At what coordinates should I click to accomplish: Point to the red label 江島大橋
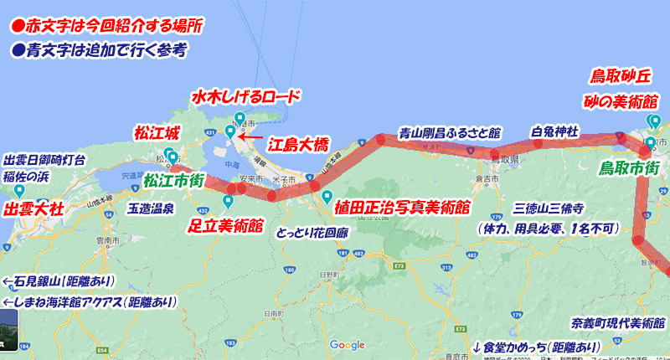297,144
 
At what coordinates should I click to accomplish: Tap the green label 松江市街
175,180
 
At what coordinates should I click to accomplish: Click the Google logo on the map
348,345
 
